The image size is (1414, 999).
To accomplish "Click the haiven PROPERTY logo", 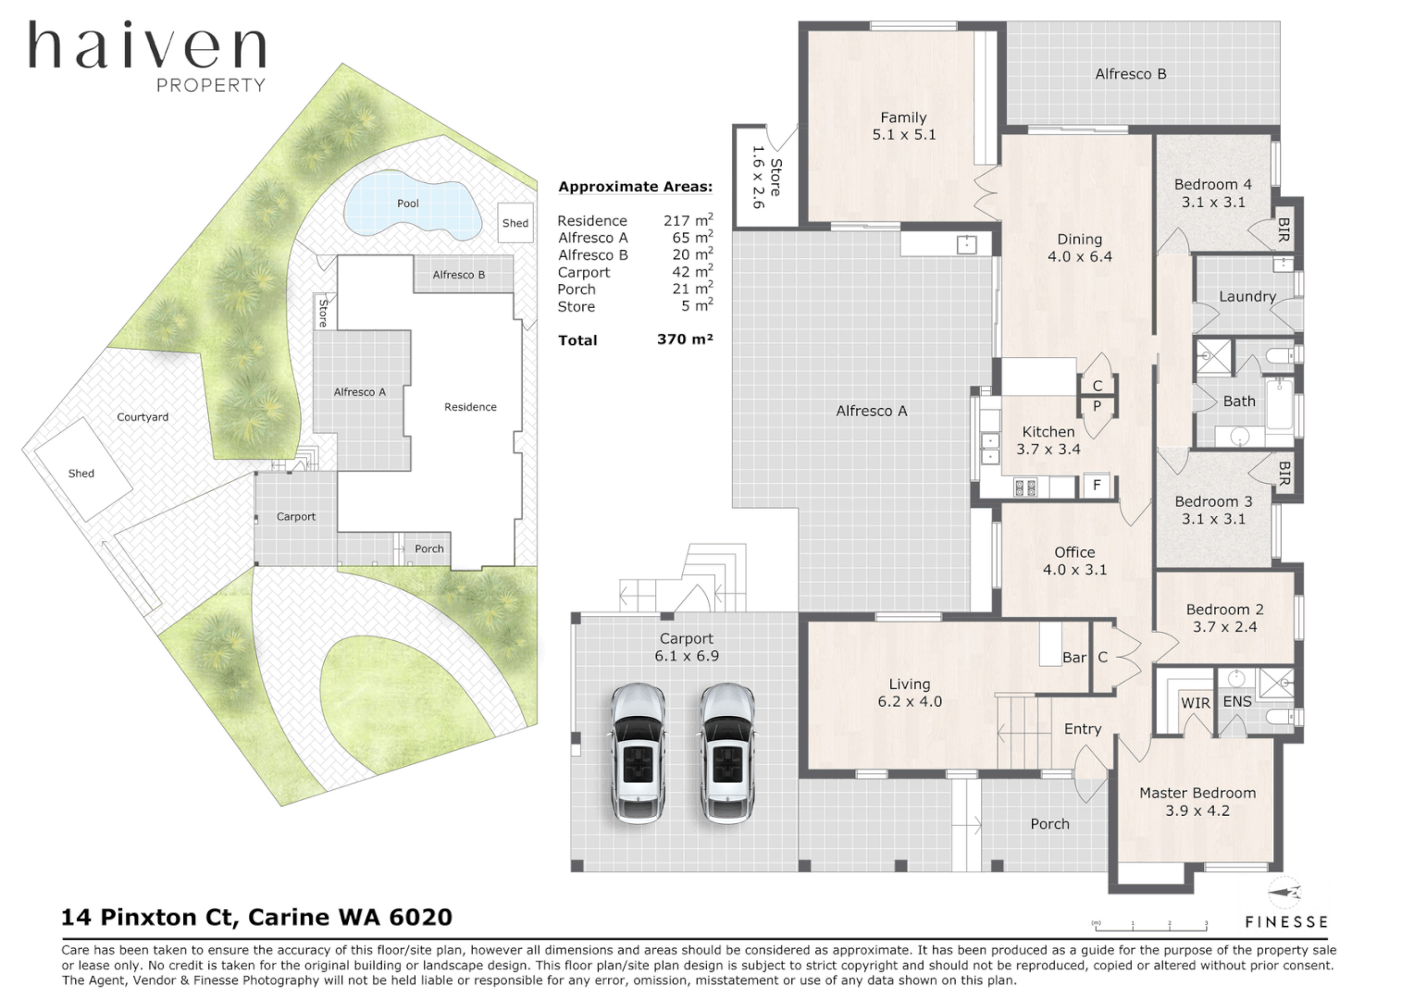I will click(x=147, y=55).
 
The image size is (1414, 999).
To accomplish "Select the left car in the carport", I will click(x=639, y=752).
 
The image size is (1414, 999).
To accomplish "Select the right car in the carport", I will click(x=727, y=752).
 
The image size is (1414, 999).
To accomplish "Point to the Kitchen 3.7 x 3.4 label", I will click(x=1048, y=440).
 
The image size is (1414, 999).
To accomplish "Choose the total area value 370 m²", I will click(x=684, y=339).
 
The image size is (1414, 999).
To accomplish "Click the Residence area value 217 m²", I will click(x=688, y=220).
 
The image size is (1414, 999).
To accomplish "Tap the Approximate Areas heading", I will click(x=635, y=187).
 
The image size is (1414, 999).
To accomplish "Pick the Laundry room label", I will click(x=1247, y=297).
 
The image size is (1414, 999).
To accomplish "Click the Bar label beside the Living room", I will click(x=1073, y=658).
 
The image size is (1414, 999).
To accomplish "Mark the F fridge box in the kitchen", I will click(x=1097, y=485).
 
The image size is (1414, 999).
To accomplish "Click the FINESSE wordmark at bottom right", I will click(x=1285, y=922).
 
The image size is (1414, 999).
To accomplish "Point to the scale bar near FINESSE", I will click(x=1150, y=925).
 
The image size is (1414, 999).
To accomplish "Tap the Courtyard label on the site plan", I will click(x=143, y=417).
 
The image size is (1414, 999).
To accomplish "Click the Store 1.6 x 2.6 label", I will click(x=766, y=177).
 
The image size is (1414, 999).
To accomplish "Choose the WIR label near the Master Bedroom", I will click(x=1195, y=703).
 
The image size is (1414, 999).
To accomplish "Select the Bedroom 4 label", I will click(x=1212, y=193).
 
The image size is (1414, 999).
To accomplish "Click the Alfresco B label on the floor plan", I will click(x=1130, y=74).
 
